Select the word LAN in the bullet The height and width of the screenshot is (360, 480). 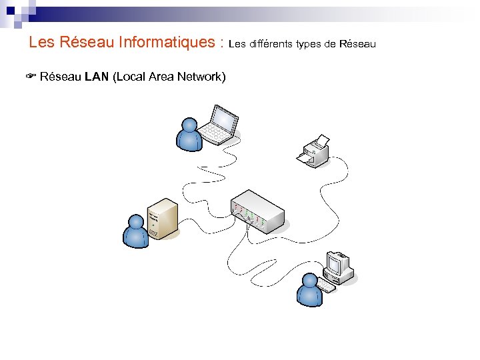97,77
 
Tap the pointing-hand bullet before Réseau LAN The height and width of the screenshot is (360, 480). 31,77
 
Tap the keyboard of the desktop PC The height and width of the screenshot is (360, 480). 326,285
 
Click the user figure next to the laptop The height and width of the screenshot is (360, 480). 189,135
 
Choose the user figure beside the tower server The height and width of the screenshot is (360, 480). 136,232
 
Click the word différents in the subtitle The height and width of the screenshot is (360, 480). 272,44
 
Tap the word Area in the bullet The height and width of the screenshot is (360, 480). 160,77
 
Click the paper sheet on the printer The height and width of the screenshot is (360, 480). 320,141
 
